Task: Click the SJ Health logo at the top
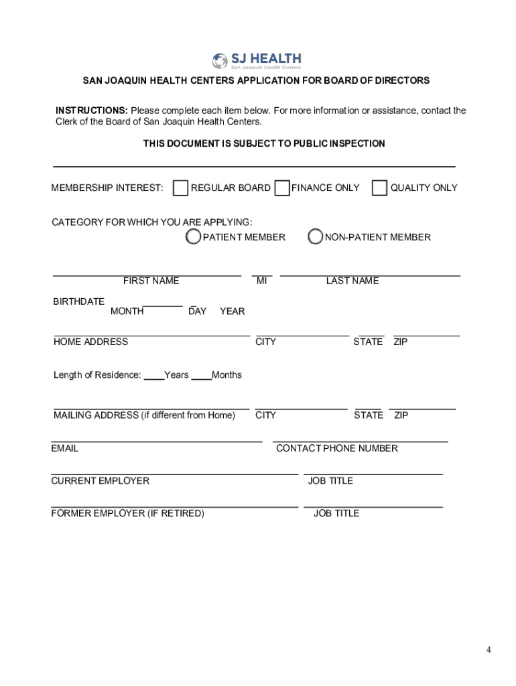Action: (x=257, y=61)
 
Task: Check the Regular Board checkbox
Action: (x=180, y=188)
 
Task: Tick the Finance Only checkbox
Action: (x=282, y=188)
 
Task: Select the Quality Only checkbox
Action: (x=380, y=188)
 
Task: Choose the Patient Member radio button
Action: (x=193, y=236)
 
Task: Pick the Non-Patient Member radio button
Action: (x=315, y=236)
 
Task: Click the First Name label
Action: (x=151, y=281)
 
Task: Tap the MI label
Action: (x=261, y=281)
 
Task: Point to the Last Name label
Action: (x=352, y=281)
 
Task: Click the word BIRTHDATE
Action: (x=78, y=301)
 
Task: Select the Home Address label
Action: (x=90, y=342)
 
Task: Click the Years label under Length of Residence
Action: (x=176, y=374)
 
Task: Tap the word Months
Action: (x=227, y=374)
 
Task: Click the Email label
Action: (x=64, y=448)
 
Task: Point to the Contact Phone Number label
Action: (x=336, y=448)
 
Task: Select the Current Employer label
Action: (x=100, y=480)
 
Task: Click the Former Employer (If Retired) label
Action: (x=127, y=513)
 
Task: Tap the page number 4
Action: (x=489, y=650)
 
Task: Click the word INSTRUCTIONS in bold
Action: (x=91, y=111)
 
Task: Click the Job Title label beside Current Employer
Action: (x=330, y=480)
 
